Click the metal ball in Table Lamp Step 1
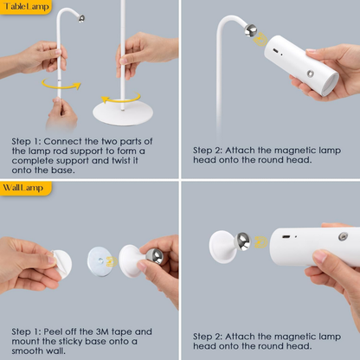80,18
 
